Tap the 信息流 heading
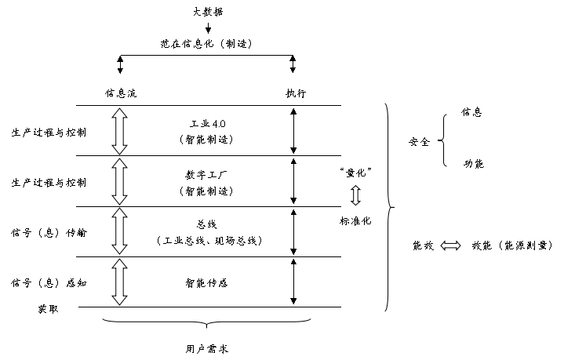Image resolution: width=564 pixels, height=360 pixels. [x=120, y=93]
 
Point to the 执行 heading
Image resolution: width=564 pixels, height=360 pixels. [x=295, y=93]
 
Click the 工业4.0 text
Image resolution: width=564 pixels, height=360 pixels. [x=208, y=125]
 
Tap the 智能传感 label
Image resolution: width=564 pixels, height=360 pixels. [x=208, y=282]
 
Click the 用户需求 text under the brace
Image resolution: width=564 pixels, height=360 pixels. [x=208, y=347]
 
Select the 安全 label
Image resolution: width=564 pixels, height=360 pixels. [x=420, y=142]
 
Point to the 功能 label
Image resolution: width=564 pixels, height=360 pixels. [x=473, y=164]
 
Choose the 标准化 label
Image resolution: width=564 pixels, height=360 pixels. [x=355, y=220]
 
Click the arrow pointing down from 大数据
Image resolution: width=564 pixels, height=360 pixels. [x=208, y=29]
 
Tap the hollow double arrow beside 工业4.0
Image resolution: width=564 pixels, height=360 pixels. [x=120, y=130]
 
